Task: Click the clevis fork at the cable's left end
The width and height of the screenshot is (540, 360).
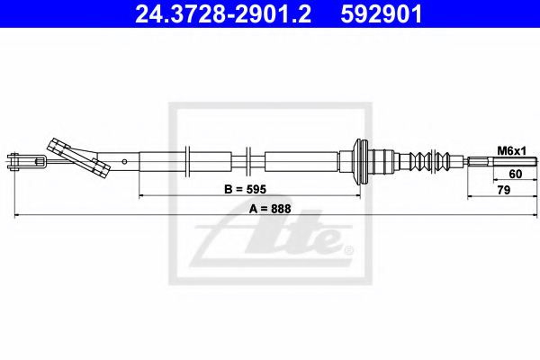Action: click(27, 163)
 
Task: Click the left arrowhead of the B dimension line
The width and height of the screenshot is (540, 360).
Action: click(141, 194)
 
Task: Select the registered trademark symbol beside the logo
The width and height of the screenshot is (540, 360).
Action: click(349, 247)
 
